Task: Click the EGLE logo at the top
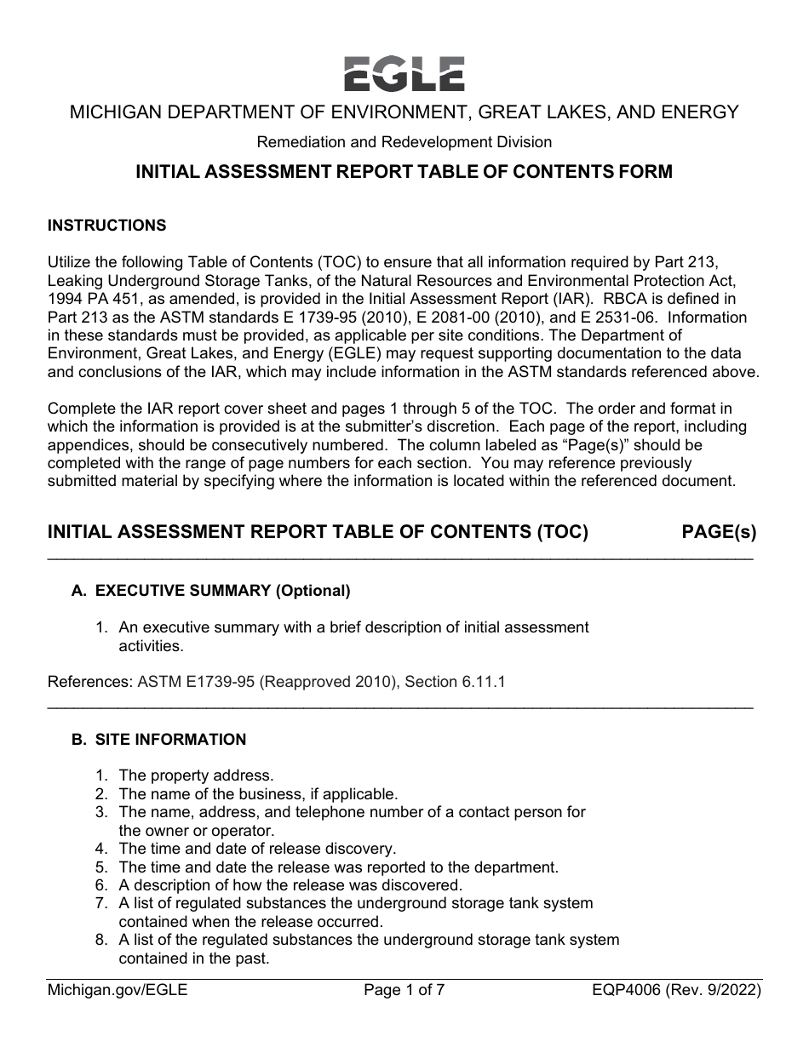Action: pos(404,74)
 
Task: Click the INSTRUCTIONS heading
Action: pos(107,226)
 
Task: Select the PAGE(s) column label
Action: pos(718,533)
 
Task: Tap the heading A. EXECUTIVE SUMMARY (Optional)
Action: pos(211,591)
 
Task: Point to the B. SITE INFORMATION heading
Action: pos(159,740)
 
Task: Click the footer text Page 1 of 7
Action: pos(404,990)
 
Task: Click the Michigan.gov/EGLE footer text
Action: pos(118,990)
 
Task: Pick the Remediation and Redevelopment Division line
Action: pos(404,142)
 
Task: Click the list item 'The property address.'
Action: pos(196,775)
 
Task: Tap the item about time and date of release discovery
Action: pos(257,849)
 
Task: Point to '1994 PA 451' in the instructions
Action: pos(89,299)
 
